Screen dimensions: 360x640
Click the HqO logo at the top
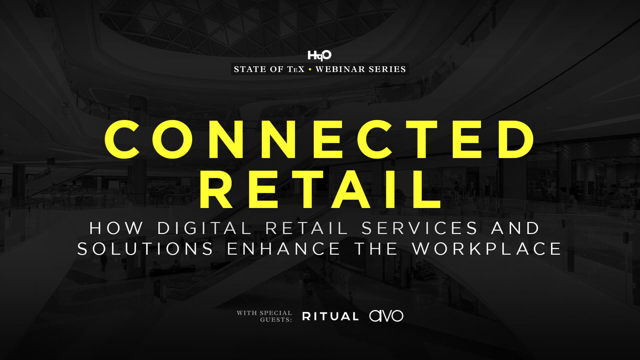pos(319,55)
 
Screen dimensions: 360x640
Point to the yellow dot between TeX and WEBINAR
pos(310,70)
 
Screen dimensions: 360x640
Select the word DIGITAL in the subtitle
pos(204,228)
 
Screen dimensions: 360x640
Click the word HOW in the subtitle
pos(116,228)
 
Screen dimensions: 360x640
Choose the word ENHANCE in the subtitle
pos(283,249)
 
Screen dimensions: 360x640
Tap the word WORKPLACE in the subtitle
pos(488,249)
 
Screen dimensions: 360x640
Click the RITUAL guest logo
pos(330,316)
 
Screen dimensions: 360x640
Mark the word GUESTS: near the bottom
pos(276,319)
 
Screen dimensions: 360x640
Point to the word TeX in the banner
pos(295,70)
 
